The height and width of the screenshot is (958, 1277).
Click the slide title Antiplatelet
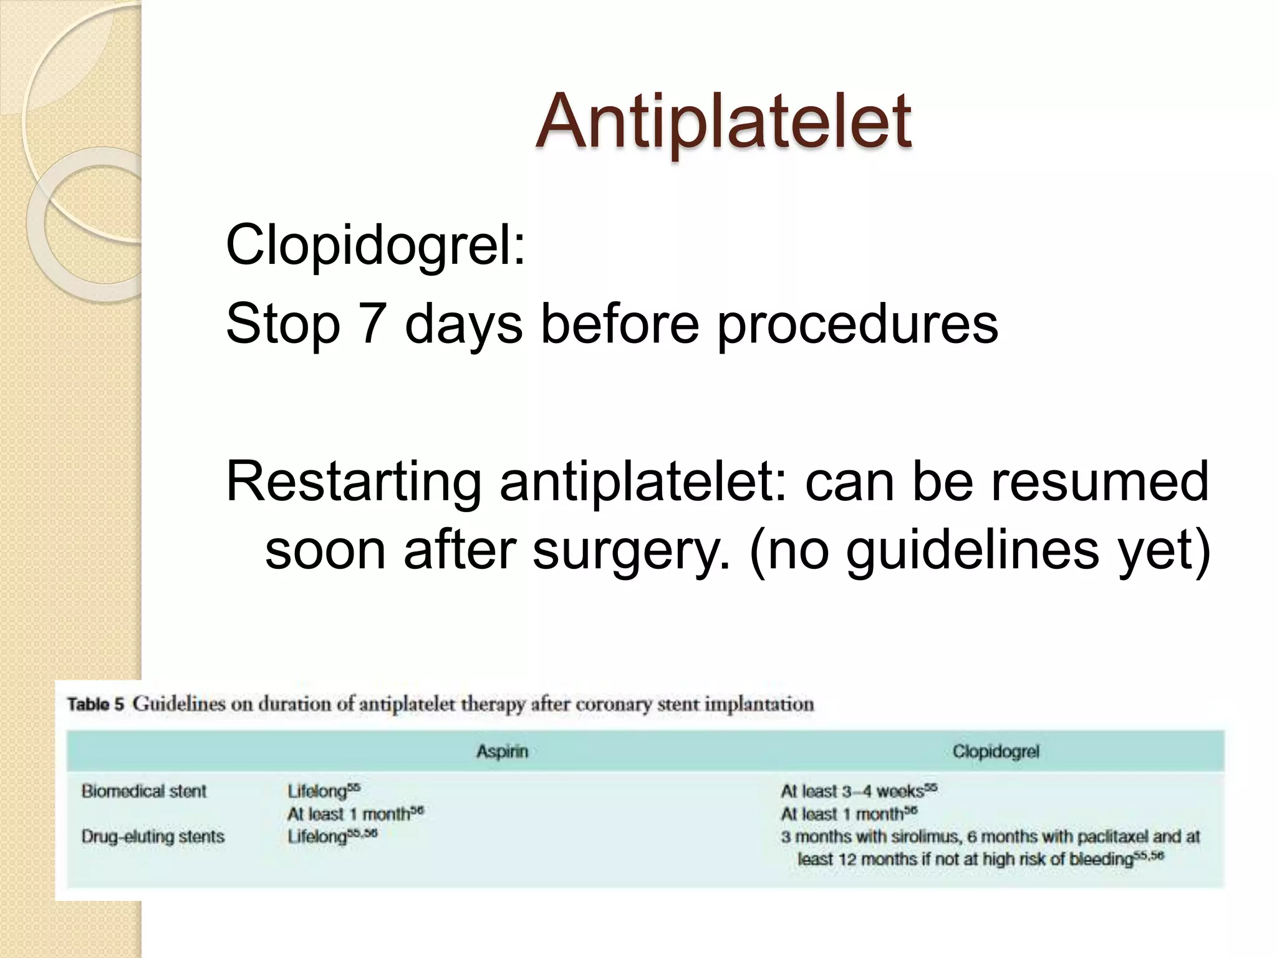(723, 121)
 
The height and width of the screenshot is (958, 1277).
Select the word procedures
(857, 324)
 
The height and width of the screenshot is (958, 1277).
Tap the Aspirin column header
(502, 752)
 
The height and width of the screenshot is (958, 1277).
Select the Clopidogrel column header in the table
(995, 752)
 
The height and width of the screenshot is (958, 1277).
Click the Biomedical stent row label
(143, 791)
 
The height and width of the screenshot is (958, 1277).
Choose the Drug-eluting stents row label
(153, 836)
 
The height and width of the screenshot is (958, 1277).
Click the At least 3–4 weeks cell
(858, 791)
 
